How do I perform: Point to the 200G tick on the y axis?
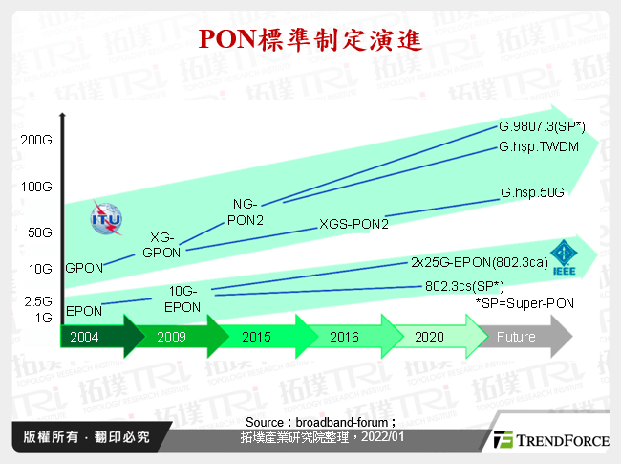click(35, 140)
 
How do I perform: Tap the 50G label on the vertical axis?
click(38, 232)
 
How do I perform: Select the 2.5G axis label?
click(38, 300)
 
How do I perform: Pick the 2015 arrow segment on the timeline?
click(258, 337)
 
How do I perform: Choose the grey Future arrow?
click(521, 337)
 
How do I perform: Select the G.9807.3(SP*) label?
click(542, 127)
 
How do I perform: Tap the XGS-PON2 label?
click(353, 224)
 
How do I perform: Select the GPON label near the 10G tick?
click(84, 269)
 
